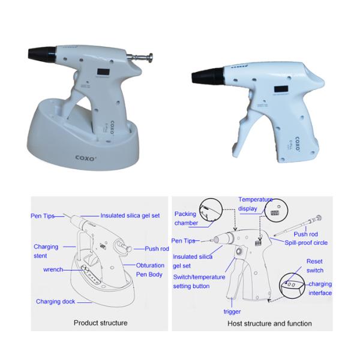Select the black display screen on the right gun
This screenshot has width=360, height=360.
tap(281, 89)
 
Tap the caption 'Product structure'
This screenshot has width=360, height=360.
tap(101, 323)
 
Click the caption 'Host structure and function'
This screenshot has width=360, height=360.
tap(269, 323)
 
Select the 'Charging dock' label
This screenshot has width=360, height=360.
tap(56, 301)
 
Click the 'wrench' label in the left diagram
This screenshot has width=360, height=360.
tap(53, 269)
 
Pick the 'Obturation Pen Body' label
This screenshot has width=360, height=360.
tap(150, 270)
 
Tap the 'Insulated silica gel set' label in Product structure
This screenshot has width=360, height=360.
tap(130, 215)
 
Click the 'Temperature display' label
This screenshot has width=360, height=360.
tap(256, 204)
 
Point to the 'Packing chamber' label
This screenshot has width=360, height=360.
tap(186, 218)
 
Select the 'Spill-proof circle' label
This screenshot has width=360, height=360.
tap(306, 242)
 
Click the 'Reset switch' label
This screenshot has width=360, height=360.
tap(315, 266)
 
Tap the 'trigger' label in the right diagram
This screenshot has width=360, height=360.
tap(232, 311)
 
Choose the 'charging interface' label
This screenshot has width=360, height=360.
tap(320, 289)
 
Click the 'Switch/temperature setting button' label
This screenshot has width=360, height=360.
tap(199, 281)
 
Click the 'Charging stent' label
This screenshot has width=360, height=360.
tap(46, 251)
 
